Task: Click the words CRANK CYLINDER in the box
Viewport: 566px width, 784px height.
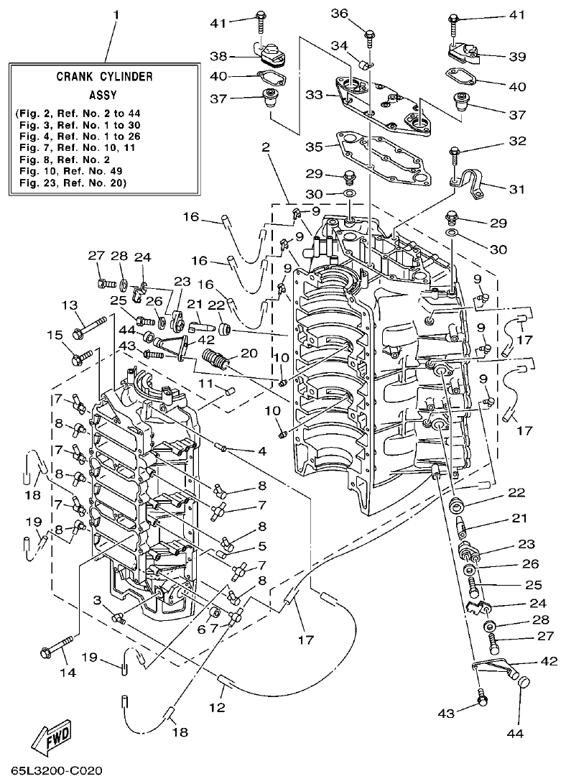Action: [x=104, y=75]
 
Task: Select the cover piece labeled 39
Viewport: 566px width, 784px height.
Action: [x=460, y=52]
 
